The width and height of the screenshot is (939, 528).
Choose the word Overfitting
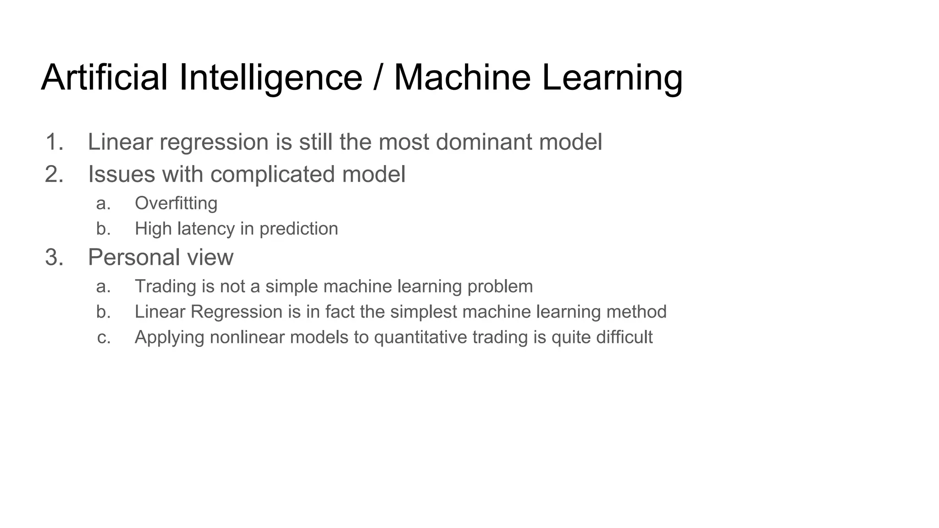[176, 203]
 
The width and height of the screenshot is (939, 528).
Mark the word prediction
[298, 229]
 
